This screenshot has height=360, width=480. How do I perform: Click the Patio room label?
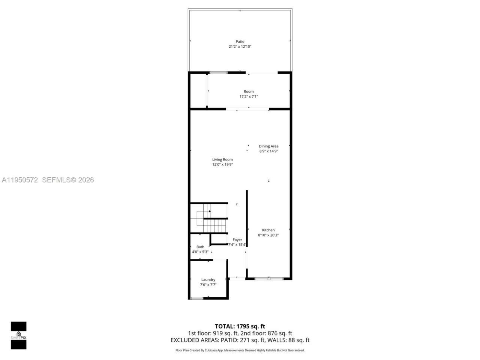(240, 42)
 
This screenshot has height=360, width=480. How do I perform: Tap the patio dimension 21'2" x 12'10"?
(240, 46)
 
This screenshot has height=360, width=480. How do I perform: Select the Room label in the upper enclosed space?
(249, 91)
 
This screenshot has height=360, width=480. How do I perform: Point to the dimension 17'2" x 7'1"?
(249, 96)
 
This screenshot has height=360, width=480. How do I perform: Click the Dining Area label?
(268, 146)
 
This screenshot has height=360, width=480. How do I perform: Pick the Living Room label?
(222, 159)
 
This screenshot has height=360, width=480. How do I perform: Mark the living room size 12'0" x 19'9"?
(222, 164)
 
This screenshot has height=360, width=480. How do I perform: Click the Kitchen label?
(268, 230)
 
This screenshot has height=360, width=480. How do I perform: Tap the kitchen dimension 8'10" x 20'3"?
(268, 235)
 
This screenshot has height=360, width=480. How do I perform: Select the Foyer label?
(237, 240)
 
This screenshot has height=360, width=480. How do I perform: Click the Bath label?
(200, 247)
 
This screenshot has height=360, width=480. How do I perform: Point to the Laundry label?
(208, 280)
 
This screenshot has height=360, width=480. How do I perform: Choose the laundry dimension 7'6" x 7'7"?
(208, 285)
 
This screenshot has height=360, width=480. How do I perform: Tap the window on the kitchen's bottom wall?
(269, 279)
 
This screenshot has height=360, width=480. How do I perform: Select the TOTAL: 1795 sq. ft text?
(240, 326)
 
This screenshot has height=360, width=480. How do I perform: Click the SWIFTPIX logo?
(18, 335)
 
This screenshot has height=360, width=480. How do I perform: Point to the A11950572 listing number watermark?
(20, 180)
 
